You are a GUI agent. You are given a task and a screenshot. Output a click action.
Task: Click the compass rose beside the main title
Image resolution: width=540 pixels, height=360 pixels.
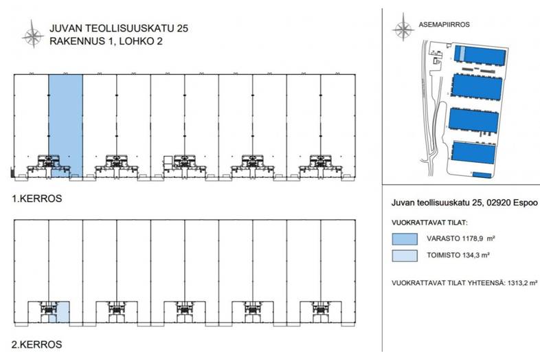pyautogui.click(x=32, y=35)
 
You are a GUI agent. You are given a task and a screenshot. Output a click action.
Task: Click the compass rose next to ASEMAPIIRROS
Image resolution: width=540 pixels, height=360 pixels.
pyautogui.click(x=401, y=30)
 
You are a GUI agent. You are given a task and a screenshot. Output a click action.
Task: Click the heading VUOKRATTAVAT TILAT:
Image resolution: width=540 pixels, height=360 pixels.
pyautogui.click(x=429, y=223)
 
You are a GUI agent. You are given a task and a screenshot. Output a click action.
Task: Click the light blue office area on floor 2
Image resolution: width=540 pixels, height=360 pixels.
pyautogui.click(x=62, y=312)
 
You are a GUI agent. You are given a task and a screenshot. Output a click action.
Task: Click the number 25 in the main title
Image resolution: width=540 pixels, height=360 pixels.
pyautogui.click(x=180, y=28)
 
